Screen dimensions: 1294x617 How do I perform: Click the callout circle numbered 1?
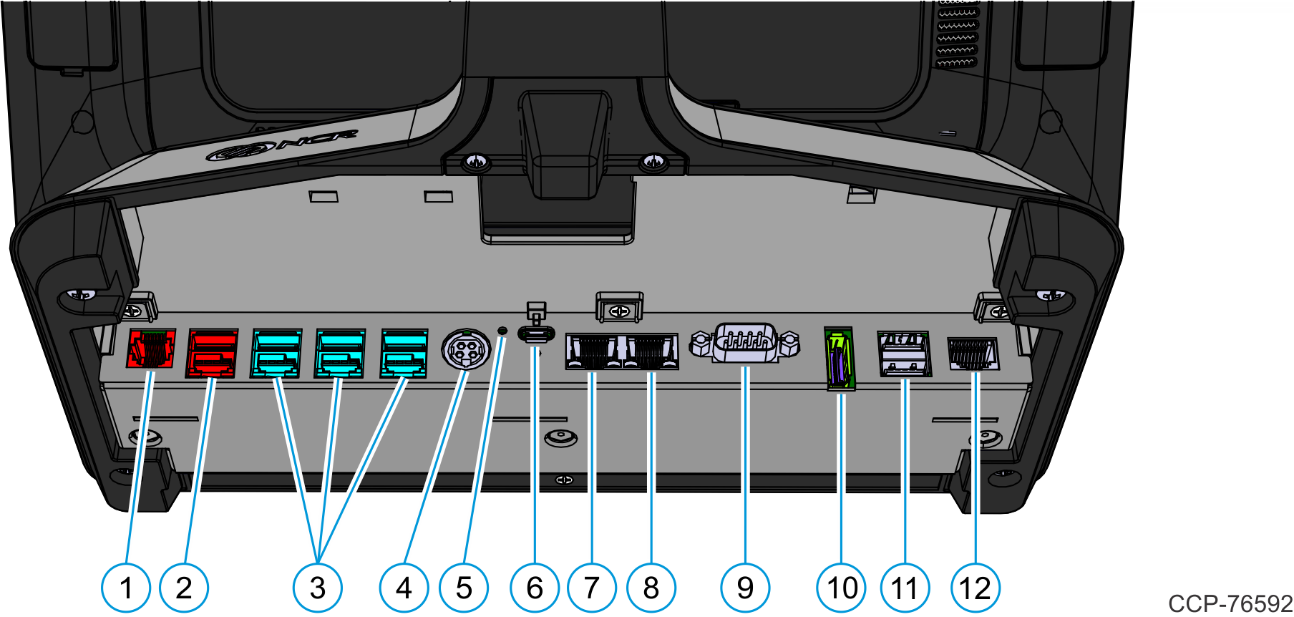pyautogui.click(x=126, y=588)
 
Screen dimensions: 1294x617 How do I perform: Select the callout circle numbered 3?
pyautogui.click(x=318, y=588)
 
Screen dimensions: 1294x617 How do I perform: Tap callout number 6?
pyautogui.click(x=535, y=588)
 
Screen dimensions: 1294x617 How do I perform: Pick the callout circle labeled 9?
pyautogui.click(x=745, y=588)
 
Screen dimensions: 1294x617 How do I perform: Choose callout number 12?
pyautogui.click(x=975, y=588)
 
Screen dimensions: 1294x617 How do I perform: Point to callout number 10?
pyautogui.click(x=842, y=588)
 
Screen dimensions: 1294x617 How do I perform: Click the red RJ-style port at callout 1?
pyautogui.click(x=151, y=349)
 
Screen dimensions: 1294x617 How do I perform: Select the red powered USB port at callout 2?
pyautogui.click(x=212, y=354)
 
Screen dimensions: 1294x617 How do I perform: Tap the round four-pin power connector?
pyautogui.click(x=465, y=351)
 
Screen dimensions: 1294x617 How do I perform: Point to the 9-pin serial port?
pyautogui.click(x=745, y=343)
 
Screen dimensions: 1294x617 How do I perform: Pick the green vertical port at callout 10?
pyautogui.click(x=840, y=359)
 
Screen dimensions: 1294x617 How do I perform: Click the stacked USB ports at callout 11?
pyautogui.click(x=905, y=354)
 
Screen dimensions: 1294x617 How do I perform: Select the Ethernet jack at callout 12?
pyautogui.click(x=973, y=354)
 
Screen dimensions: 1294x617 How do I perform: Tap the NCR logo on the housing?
pyautogui.click(x=283, y=145)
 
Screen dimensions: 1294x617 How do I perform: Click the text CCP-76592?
pyautogui.click(x=1230, y=603)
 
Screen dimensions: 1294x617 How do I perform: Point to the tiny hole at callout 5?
pyautogui.click(x=502, y=330)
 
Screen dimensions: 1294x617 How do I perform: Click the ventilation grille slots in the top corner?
pyautogui.click(x=957, y=35)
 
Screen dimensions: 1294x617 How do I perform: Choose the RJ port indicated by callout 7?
pyautogui.click(x=592, y=351)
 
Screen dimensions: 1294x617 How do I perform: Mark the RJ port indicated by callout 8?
pyautogui.click(x=651, y=351)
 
